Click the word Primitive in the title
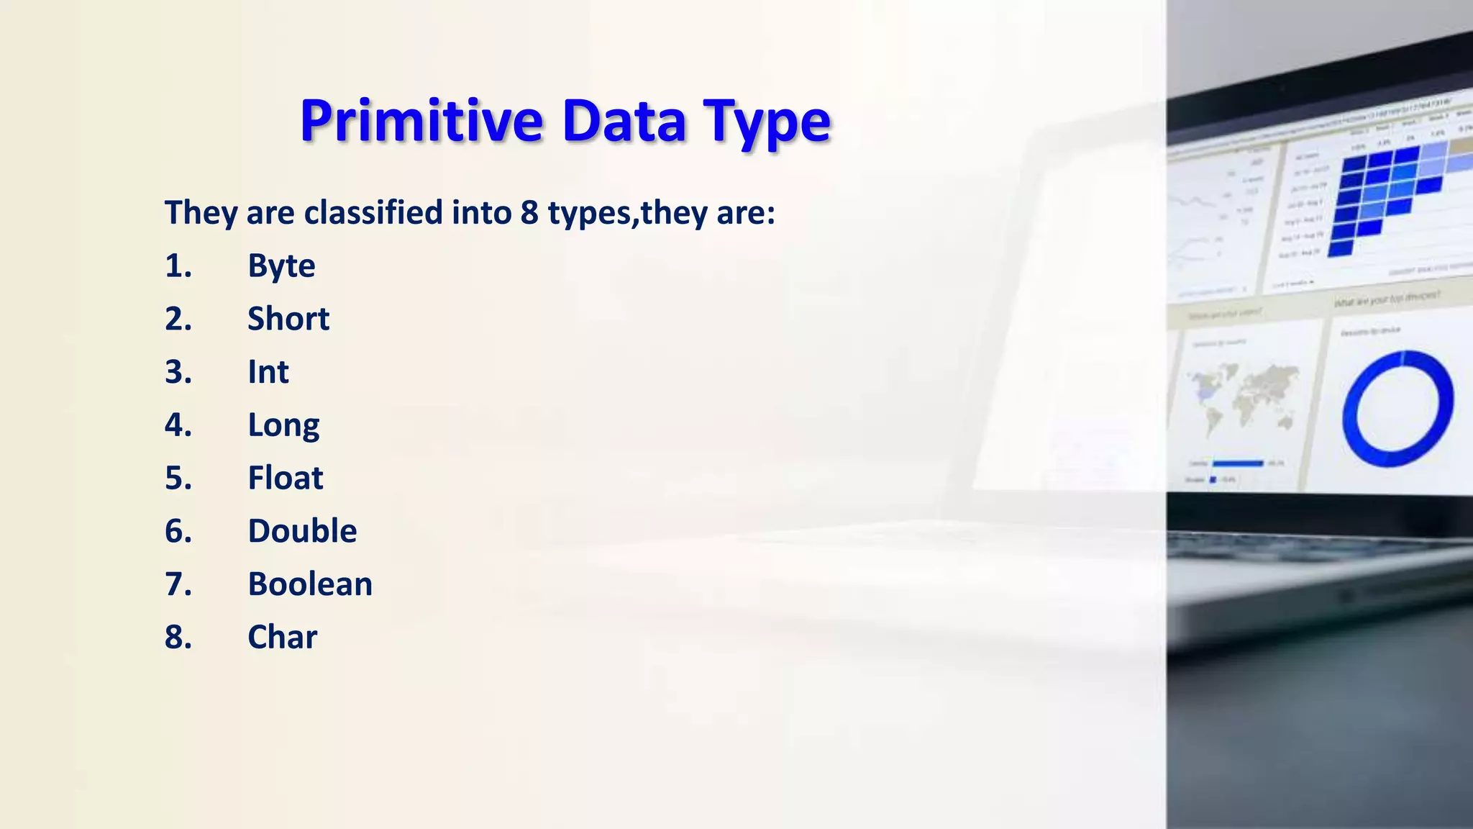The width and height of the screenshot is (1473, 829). click(x=421, y=121)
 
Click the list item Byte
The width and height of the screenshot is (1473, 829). click(x=281, y=266)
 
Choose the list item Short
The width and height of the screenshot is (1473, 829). click(x=288, y=319)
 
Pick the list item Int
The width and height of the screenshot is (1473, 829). click(x=268, y=372)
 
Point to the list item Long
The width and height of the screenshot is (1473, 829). click(x=283, y=426)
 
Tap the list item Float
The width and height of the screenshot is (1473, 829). click(x=286, y=479)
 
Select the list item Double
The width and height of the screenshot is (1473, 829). click(x=302, y=531)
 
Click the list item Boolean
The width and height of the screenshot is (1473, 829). click(x=310, y=584)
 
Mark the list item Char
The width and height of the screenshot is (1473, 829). click(x=282, y=638)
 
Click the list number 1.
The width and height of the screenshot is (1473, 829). click(x=178, y=266)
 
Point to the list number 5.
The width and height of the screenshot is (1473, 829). click(x=178, y=479)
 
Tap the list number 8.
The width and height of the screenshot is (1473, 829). click(x=178, y=638)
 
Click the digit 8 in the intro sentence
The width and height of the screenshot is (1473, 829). click(x=529, y=213)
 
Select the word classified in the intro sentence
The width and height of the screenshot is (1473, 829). click(x=373, y=213)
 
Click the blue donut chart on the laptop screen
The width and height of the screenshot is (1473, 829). click(x=1397, y=408)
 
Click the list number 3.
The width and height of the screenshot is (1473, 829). click(x=178, y=372)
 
